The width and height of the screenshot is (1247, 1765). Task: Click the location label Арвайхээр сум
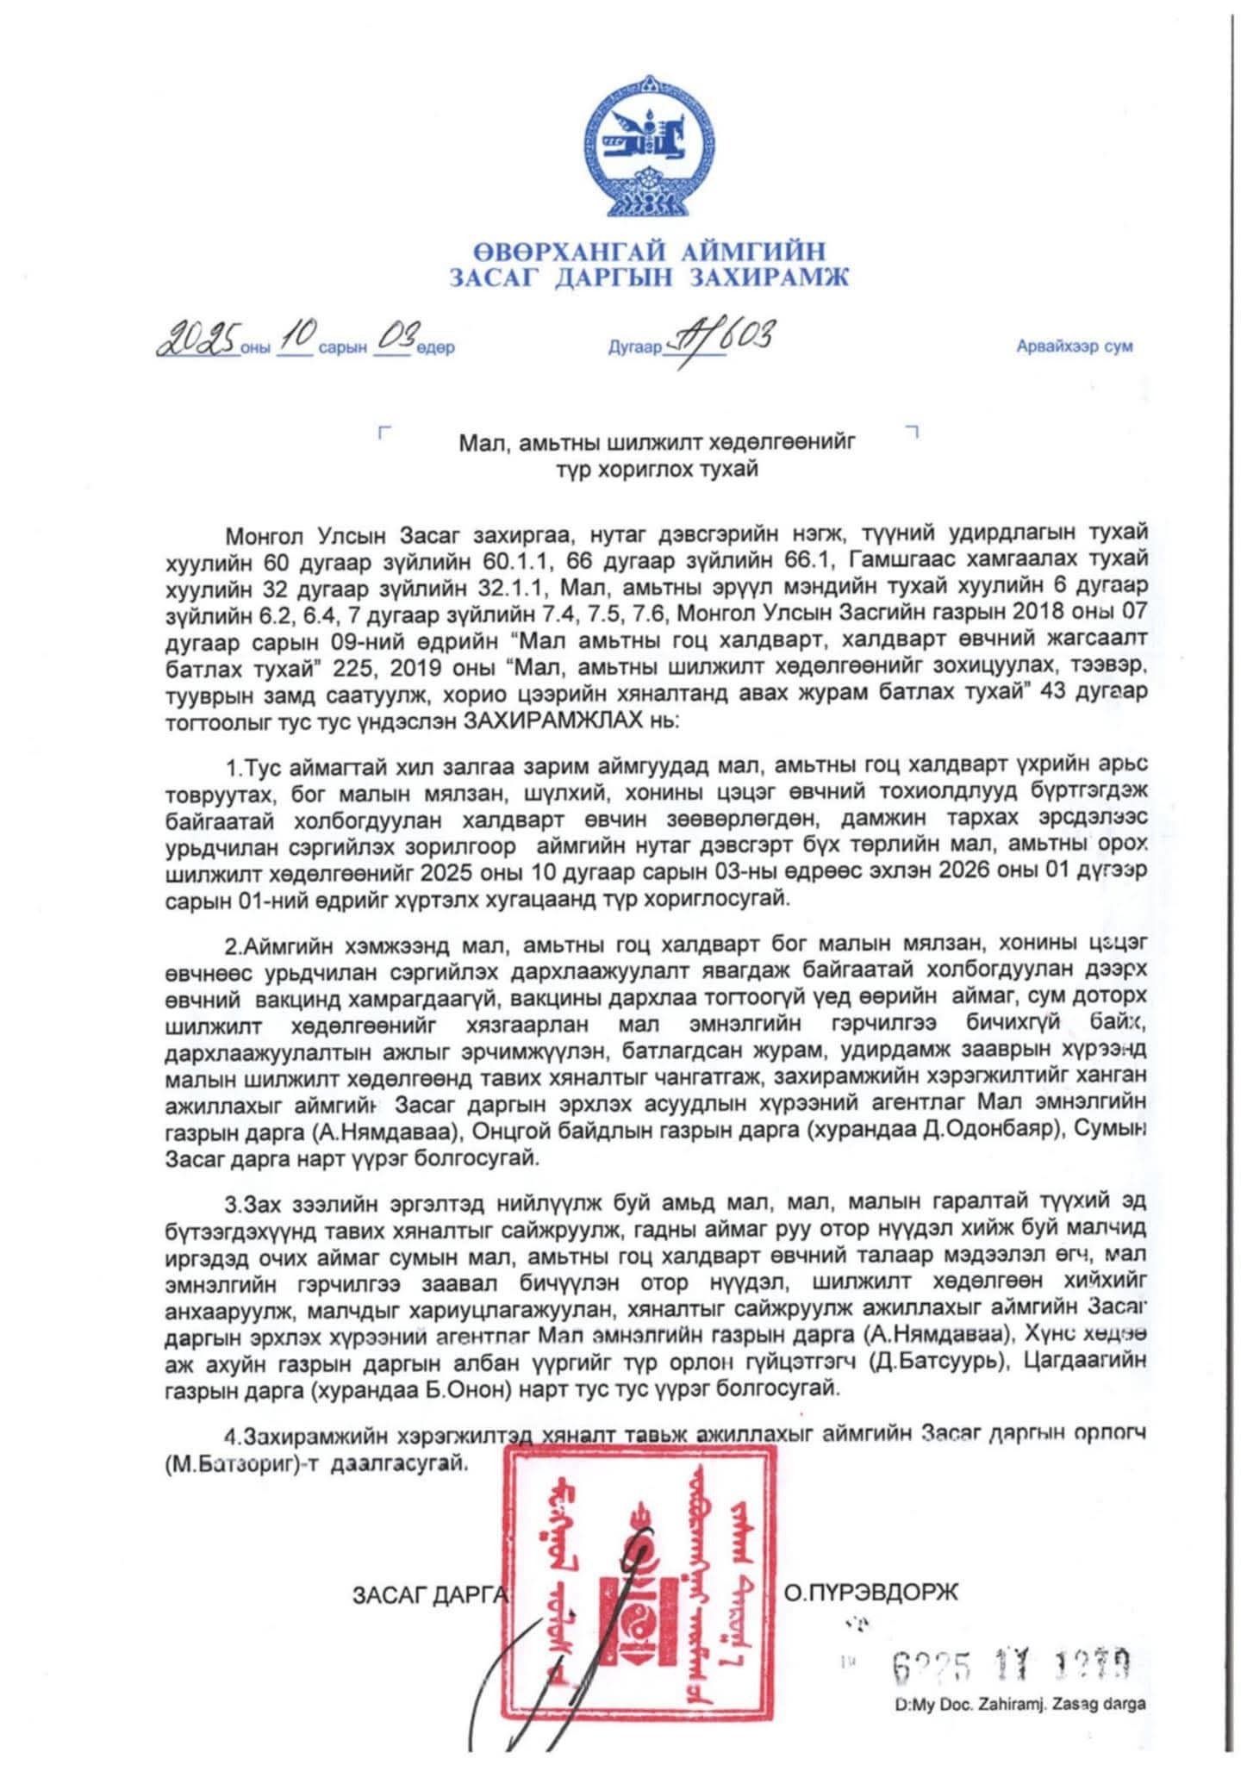1075,347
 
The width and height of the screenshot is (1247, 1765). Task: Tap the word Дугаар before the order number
635,348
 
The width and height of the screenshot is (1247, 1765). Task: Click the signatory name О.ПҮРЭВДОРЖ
870,1593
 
